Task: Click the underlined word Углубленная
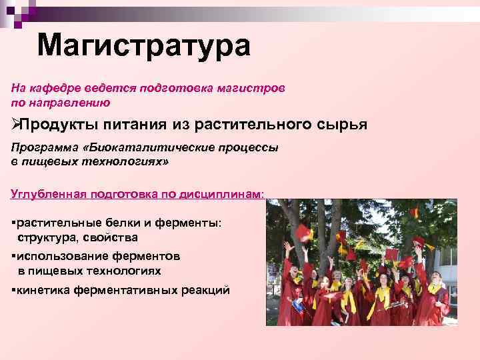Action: click(48, 193)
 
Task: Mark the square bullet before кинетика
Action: click(13, 290)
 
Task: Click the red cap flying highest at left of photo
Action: click(303, 232)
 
